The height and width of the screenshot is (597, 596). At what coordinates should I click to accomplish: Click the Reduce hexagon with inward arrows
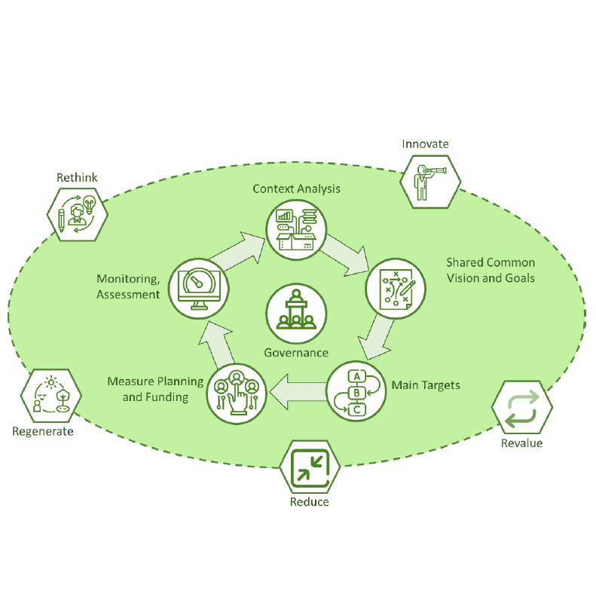[309, 467]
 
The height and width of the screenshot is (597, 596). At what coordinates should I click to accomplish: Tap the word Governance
[296, 352]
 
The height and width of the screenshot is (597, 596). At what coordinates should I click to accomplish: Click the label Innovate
[425, 143]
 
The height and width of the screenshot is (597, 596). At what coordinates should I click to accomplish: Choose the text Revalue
[521, 442]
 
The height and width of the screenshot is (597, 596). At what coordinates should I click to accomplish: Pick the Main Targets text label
[426, 385]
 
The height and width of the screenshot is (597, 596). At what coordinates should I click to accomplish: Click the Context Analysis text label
[296, 188]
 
